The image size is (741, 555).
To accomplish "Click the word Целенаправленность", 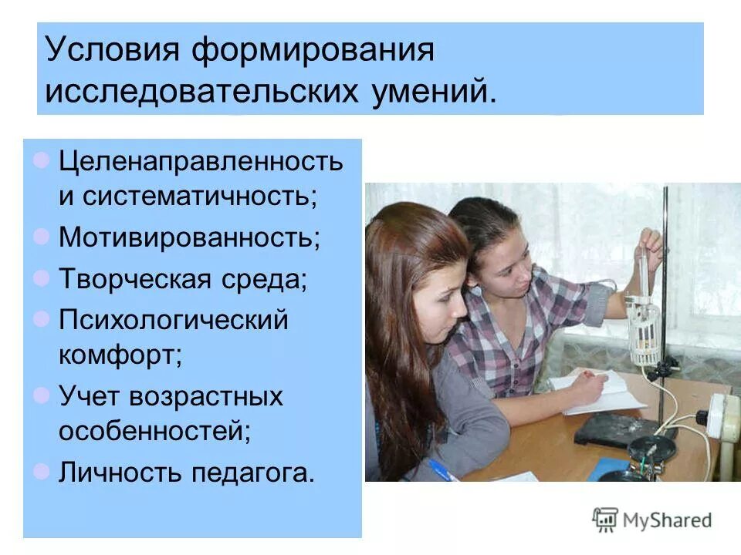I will [201, 161].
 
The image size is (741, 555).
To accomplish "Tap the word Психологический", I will [173, 318].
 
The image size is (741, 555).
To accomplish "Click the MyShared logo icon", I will [605, 520].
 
